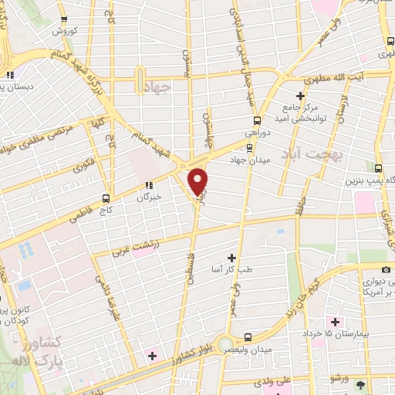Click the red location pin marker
198,181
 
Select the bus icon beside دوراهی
258,120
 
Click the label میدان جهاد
248,158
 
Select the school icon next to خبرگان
149,185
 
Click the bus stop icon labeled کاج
106,197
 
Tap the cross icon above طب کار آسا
231,257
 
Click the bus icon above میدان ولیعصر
248,337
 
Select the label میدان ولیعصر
248,349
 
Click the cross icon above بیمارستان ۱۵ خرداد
334,321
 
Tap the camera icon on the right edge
386,268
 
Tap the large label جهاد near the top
157,88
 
